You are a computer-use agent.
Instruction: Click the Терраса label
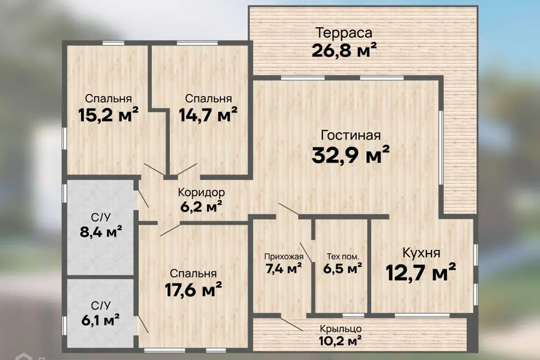344,31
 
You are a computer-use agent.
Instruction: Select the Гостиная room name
351,135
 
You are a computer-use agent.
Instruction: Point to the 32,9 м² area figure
351,154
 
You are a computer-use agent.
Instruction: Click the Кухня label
421,252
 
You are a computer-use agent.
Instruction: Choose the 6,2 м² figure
200,206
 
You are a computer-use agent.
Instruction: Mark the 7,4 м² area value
284,269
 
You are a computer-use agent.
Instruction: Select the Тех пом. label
343,258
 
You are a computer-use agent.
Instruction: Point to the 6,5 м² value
343,269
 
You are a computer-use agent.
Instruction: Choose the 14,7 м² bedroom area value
208,115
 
